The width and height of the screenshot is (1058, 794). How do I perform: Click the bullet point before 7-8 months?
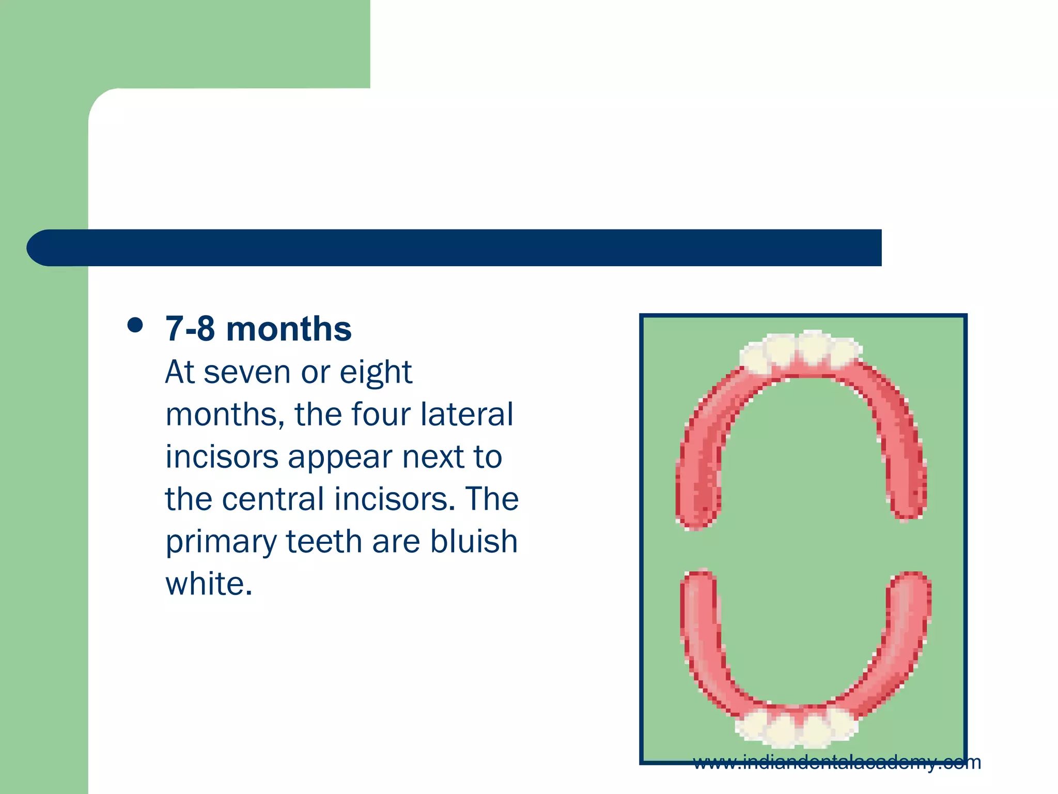tap(135, 326)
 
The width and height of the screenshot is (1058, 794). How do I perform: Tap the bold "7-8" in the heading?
tap(190, 329)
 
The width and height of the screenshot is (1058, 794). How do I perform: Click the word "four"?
tap(381, 415)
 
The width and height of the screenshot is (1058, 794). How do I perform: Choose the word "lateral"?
tap(466, 415)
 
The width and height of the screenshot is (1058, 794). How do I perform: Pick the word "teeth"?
tap(324, 542)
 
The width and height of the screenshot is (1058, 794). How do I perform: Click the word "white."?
tap(209, 584)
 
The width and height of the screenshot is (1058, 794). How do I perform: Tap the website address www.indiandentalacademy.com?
tap(836, 762)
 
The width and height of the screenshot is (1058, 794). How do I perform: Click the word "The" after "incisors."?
tap(492, 499)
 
